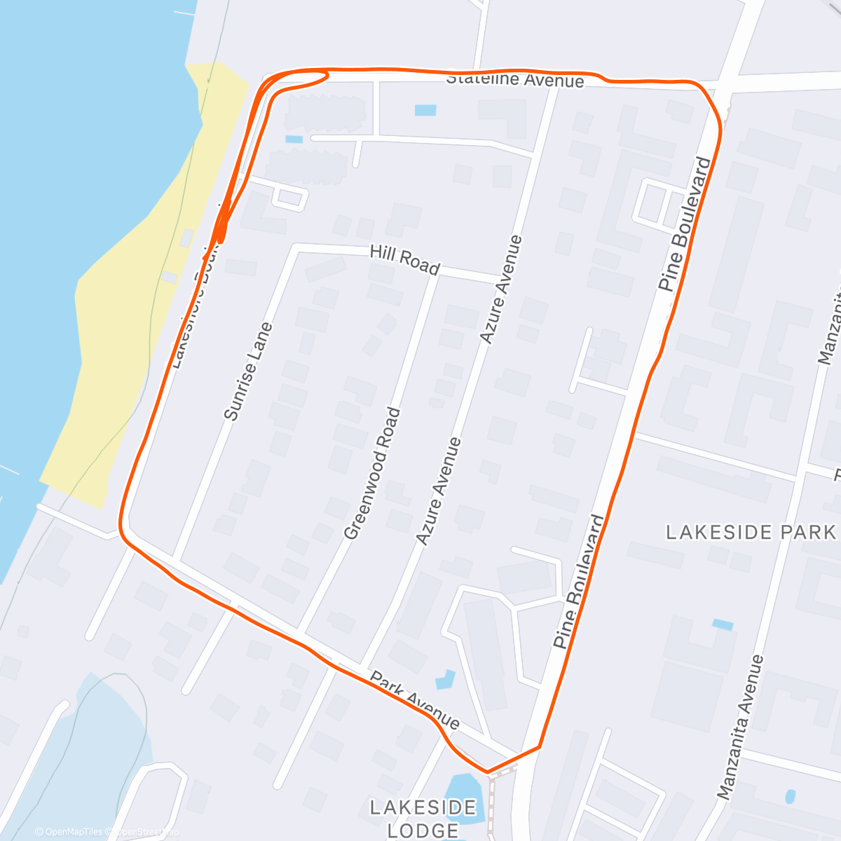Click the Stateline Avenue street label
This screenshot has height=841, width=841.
coord(515,79)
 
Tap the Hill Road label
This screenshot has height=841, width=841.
coord(404,260)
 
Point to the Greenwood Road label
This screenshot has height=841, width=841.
coord(373,474)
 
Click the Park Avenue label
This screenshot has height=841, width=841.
coord(415,700)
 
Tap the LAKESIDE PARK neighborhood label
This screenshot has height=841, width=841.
coord(751,533)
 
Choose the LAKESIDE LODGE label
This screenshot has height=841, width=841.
coord(423,819)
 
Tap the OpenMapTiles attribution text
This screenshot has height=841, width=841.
coord(69,832)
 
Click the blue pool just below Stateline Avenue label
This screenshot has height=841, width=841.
coord(425,110)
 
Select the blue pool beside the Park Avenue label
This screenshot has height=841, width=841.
coord(444,679)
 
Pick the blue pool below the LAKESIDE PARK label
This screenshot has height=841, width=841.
coord(723,624)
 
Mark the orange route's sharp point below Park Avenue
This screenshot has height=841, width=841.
coord(488,772)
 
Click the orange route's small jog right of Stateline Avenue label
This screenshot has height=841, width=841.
coord(604,78)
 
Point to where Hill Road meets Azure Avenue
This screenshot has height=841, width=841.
coord(499,282)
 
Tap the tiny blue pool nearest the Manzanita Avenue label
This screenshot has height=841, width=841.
coord(791,796)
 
